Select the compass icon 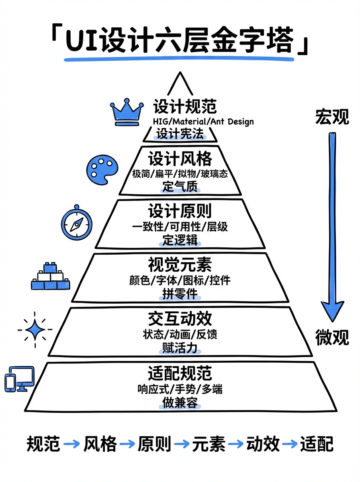(76, 223)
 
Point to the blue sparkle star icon (35, 329)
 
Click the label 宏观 (332, 116)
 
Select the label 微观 (332, 337)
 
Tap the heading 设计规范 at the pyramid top (184, 107)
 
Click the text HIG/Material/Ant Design (203, 121)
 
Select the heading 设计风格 (180, 159)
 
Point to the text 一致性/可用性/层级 (180, 227)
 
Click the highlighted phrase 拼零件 (180, 294)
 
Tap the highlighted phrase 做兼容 (180, 402)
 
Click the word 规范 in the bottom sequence (43, 444)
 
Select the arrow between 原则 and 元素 (182, 444)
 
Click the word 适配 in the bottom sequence (317, 444)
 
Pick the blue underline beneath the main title (179, 59)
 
